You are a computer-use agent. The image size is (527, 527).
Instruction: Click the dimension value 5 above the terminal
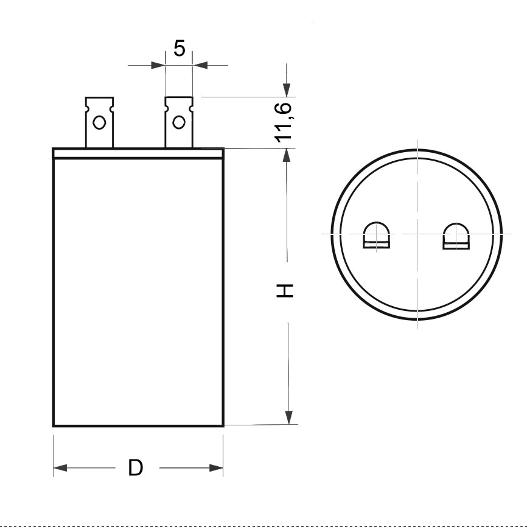pos(179,48)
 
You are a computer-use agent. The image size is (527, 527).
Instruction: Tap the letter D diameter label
pos(136,468)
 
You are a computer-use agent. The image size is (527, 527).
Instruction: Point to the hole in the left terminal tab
pos(98,124)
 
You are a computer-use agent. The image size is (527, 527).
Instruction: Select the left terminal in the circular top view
pos(376,236)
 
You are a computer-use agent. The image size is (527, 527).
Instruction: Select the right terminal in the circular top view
pos(456,236)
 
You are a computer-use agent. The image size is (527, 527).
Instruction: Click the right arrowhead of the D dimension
pos(216,468)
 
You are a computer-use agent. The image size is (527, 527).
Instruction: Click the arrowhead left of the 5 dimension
pos(158,65)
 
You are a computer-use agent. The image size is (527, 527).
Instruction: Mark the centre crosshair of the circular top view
pos(417,234)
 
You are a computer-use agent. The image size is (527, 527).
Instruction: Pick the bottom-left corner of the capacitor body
pos(54,425)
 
